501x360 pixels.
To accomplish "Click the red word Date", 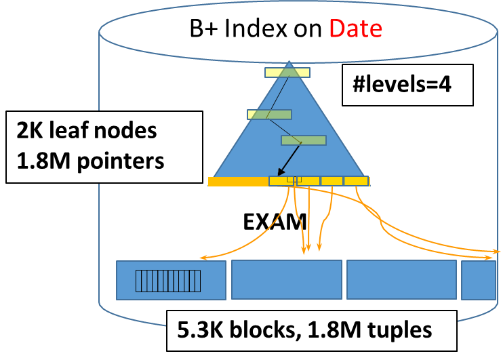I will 355,28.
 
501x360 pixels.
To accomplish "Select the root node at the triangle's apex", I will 287,71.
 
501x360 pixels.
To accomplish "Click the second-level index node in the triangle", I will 269,115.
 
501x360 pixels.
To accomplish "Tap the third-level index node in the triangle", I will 303,140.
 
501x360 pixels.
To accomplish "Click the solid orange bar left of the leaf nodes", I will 238,182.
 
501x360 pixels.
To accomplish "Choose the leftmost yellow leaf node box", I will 281,181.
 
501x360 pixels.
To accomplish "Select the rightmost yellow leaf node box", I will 356,181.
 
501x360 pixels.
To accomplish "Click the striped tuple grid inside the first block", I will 169,281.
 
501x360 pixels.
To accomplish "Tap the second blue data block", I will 286,279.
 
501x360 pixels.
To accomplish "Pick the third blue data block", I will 401,279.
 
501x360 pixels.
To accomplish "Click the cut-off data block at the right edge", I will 479,279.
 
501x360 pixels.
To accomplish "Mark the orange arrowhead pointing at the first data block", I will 202,258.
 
